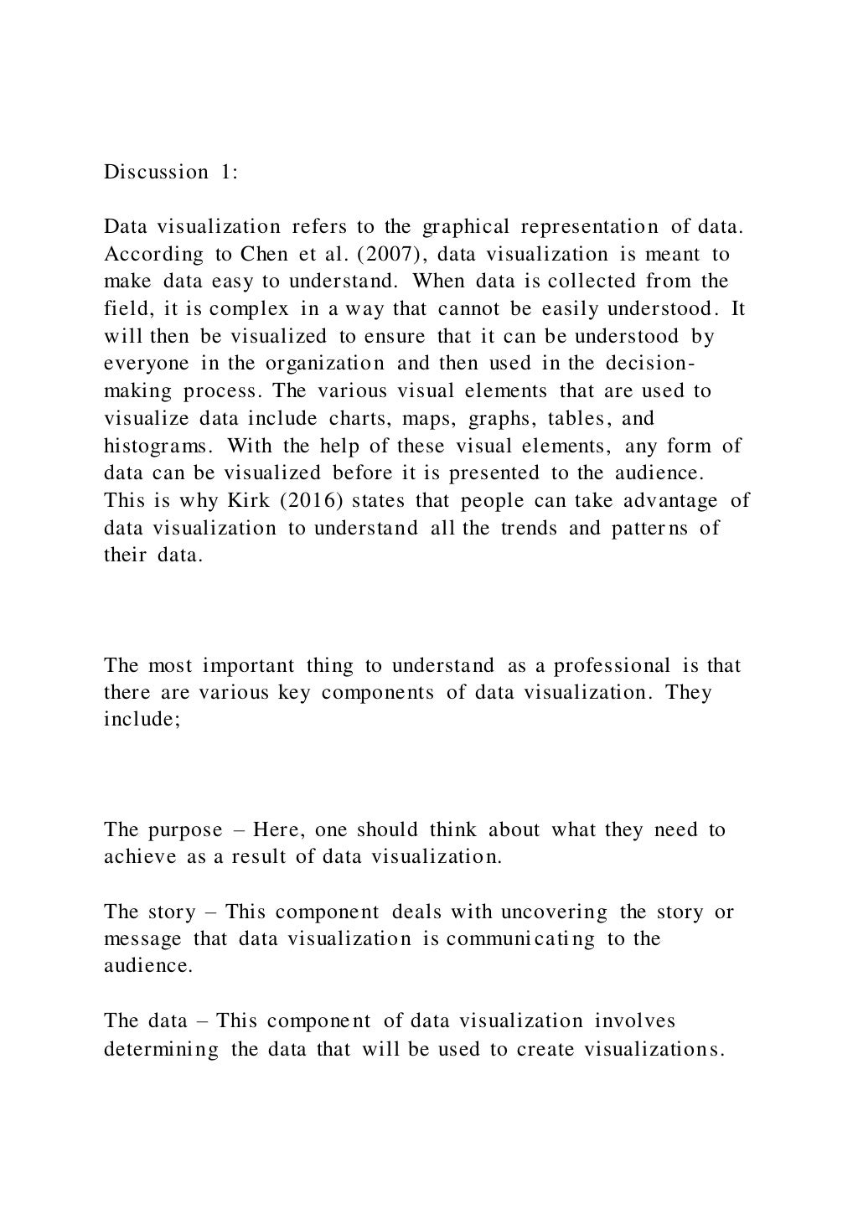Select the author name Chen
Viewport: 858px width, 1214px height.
[264, 254]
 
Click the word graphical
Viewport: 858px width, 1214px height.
[466, 227]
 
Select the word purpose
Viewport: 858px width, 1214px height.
[185, 830]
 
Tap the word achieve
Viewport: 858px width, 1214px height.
[140, 857]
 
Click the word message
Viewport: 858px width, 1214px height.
[142, 939]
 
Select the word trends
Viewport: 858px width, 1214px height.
[529, 528]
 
